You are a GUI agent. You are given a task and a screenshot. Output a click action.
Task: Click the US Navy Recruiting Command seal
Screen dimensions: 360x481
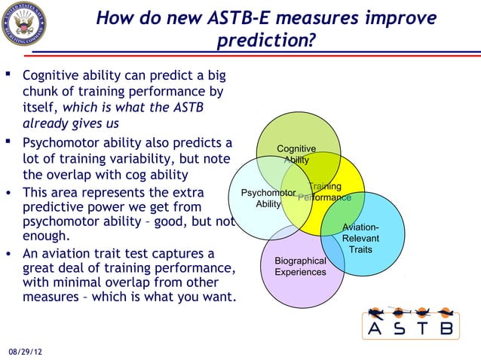pos(23,24)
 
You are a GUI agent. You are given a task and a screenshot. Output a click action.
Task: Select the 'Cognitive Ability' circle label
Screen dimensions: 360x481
pos(296,154)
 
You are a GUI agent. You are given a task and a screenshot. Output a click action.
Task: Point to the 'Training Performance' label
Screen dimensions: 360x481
pos(324,191)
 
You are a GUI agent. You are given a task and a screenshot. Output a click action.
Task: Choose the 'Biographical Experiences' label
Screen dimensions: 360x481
pos(300,266)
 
